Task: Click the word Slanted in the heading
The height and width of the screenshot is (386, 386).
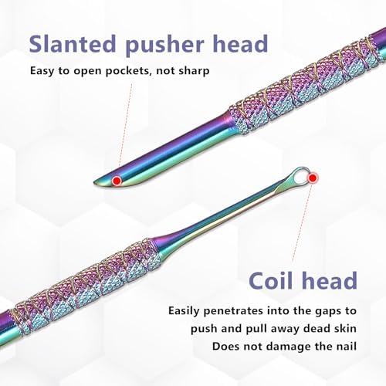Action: pos(73,43)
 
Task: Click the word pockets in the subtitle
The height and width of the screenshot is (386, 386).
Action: pos(127,71)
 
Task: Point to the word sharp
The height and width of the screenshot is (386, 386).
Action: pos(194,71)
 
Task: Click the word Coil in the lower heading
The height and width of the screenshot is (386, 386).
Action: pos(273,280)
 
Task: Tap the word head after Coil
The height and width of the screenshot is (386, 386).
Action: pos(330,280)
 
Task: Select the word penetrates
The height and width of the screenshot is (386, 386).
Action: pos(234,311)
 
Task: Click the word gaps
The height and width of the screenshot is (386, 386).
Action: pos(328,312)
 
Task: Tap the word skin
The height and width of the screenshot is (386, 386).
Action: pos(345,329)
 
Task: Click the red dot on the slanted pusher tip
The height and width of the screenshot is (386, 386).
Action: pos(117,181)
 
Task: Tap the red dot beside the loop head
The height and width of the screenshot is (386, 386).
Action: pos(313,178)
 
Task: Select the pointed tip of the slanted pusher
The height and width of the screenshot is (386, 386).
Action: pos(94,183)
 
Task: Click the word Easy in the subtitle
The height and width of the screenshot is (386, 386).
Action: pos(42,71)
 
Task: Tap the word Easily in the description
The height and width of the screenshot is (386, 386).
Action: pos(184,311)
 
